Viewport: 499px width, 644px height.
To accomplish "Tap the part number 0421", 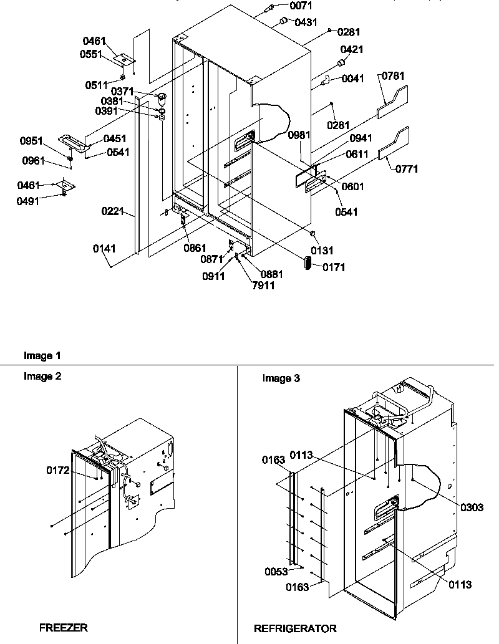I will click(352, 50).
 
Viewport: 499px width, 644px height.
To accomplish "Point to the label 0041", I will click(354, 79).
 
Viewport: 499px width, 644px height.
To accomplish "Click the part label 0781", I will click(392, 76).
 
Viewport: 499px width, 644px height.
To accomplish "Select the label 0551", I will click(93, 54).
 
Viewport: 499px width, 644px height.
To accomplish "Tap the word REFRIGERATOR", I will click(295, 628).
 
